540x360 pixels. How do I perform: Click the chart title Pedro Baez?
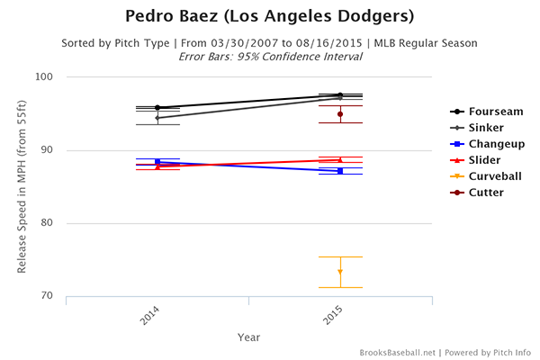pyautogui.click(x=270, y=17)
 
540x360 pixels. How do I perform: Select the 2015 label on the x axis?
pyautogui.click(x=334, y=316)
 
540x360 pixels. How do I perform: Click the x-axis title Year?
pyautogui.click(x=249, y=337)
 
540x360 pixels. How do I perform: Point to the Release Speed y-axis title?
pyautogui.click(x=23, y=186)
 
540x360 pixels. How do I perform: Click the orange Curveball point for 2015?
pyautogui.click(x=340, y=272)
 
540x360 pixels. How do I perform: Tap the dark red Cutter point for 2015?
pyautogui.click(x=340, y=114)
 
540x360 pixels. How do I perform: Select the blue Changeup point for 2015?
pyautogui.click(x=340, y=171)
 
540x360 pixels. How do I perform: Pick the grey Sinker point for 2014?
pyautogui.click(x=157, y=118)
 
